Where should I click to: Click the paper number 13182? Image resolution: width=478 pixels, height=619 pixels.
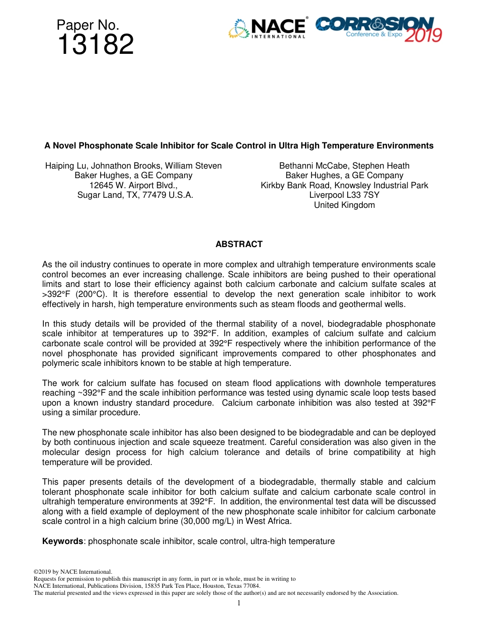point(95,45)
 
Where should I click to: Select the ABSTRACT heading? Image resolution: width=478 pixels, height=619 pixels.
point(239,245)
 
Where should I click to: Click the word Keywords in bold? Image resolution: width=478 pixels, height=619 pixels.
point(62,541)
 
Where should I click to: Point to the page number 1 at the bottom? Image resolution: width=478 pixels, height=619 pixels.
point(239,603)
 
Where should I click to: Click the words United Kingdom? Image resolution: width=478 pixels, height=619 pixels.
point(344,205)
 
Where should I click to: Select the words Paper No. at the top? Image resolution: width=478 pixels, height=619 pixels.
point(88,25)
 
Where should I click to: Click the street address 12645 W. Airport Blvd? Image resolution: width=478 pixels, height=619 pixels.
point(133,186)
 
